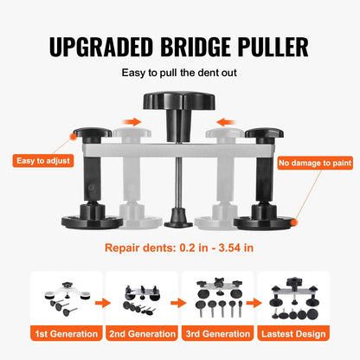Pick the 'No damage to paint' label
(x=315, y=160)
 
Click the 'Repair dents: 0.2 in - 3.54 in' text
(x=180, y=247)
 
